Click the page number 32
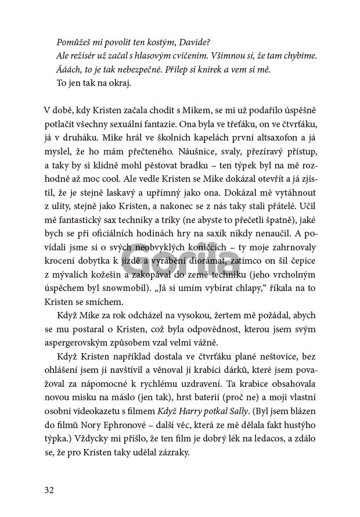point(49,489)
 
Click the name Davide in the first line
point(195,42)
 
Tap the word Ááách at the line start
point(69,69)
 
